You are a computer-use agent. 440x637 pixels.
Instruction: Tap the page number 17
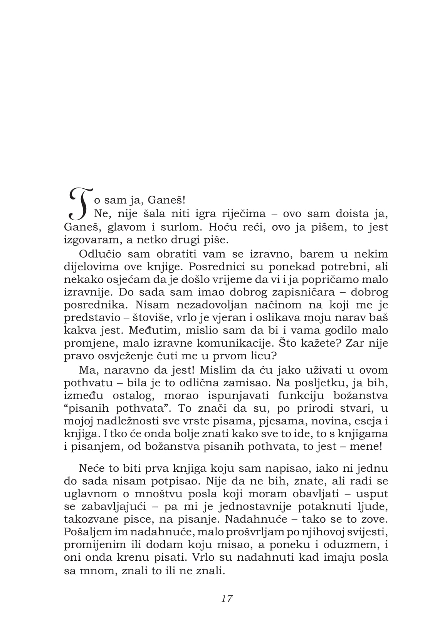pos(227,598)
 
